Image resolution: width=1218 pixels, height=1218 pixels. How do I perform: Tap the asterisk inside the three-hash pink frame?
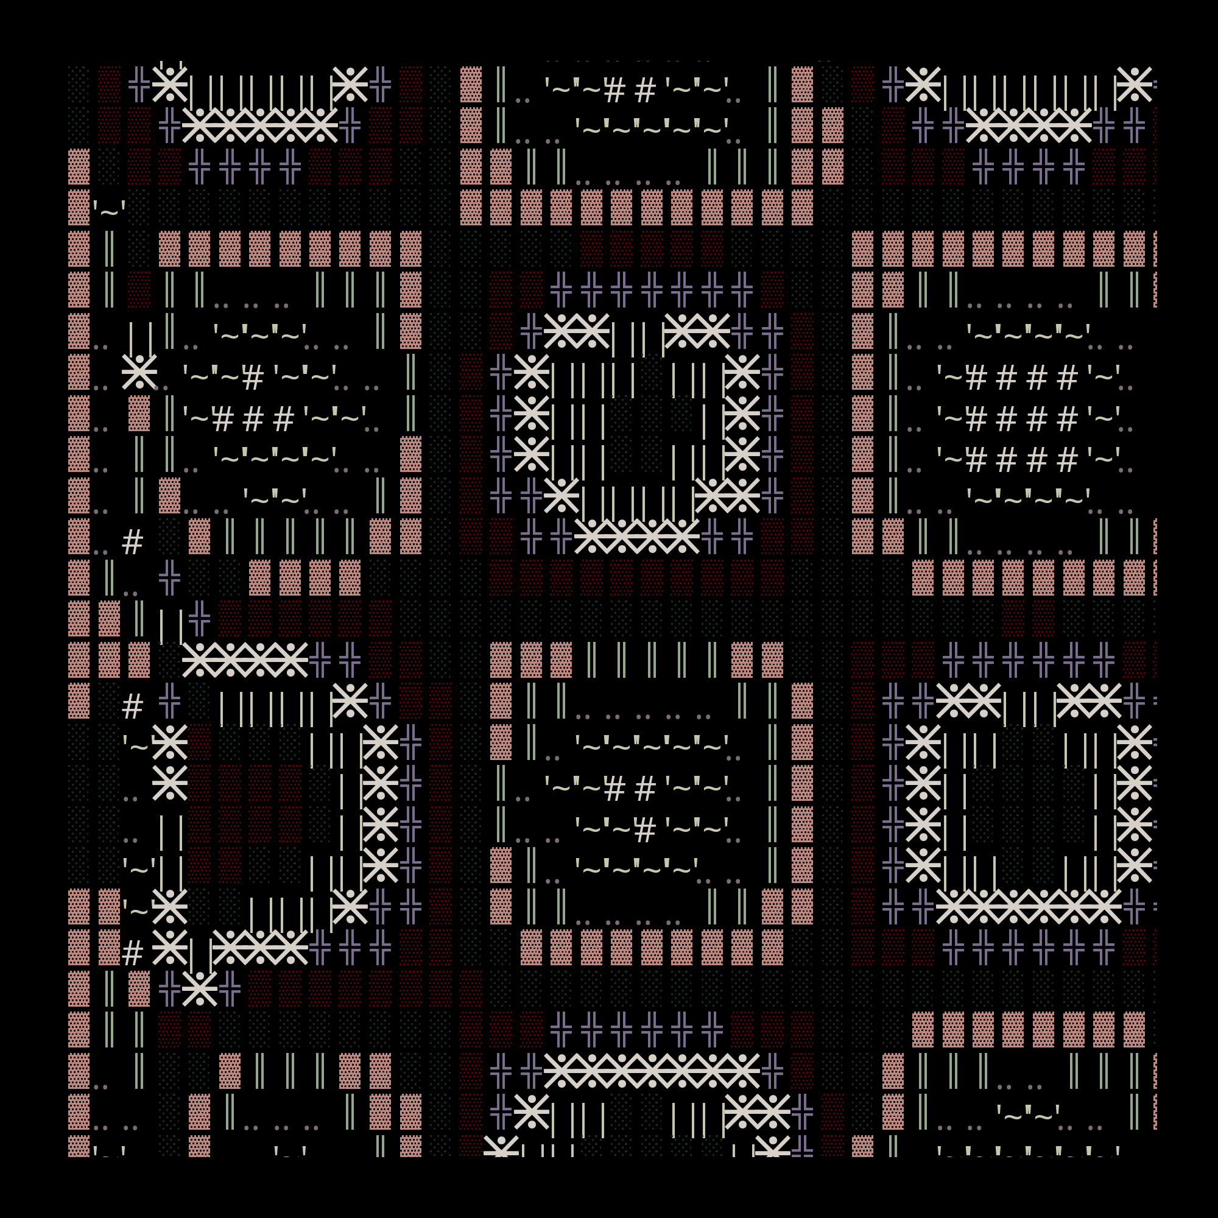click(139, 372)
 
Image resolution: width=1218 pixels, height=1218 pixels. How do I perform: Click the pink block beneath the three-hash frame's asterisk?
click(139, 414)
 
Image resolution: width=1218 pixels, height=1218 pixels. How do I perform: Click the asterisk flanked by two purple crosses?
click(200, 988)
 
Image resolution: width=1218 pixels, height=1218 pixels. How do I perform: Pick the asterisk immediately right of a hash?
click(169, 948)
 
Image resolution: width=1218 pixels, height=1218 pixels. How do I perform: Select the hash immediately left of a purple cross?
click(132, 706)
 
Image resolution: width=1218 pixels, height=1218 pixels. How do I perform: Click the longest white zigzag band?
click(651, 1071)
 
